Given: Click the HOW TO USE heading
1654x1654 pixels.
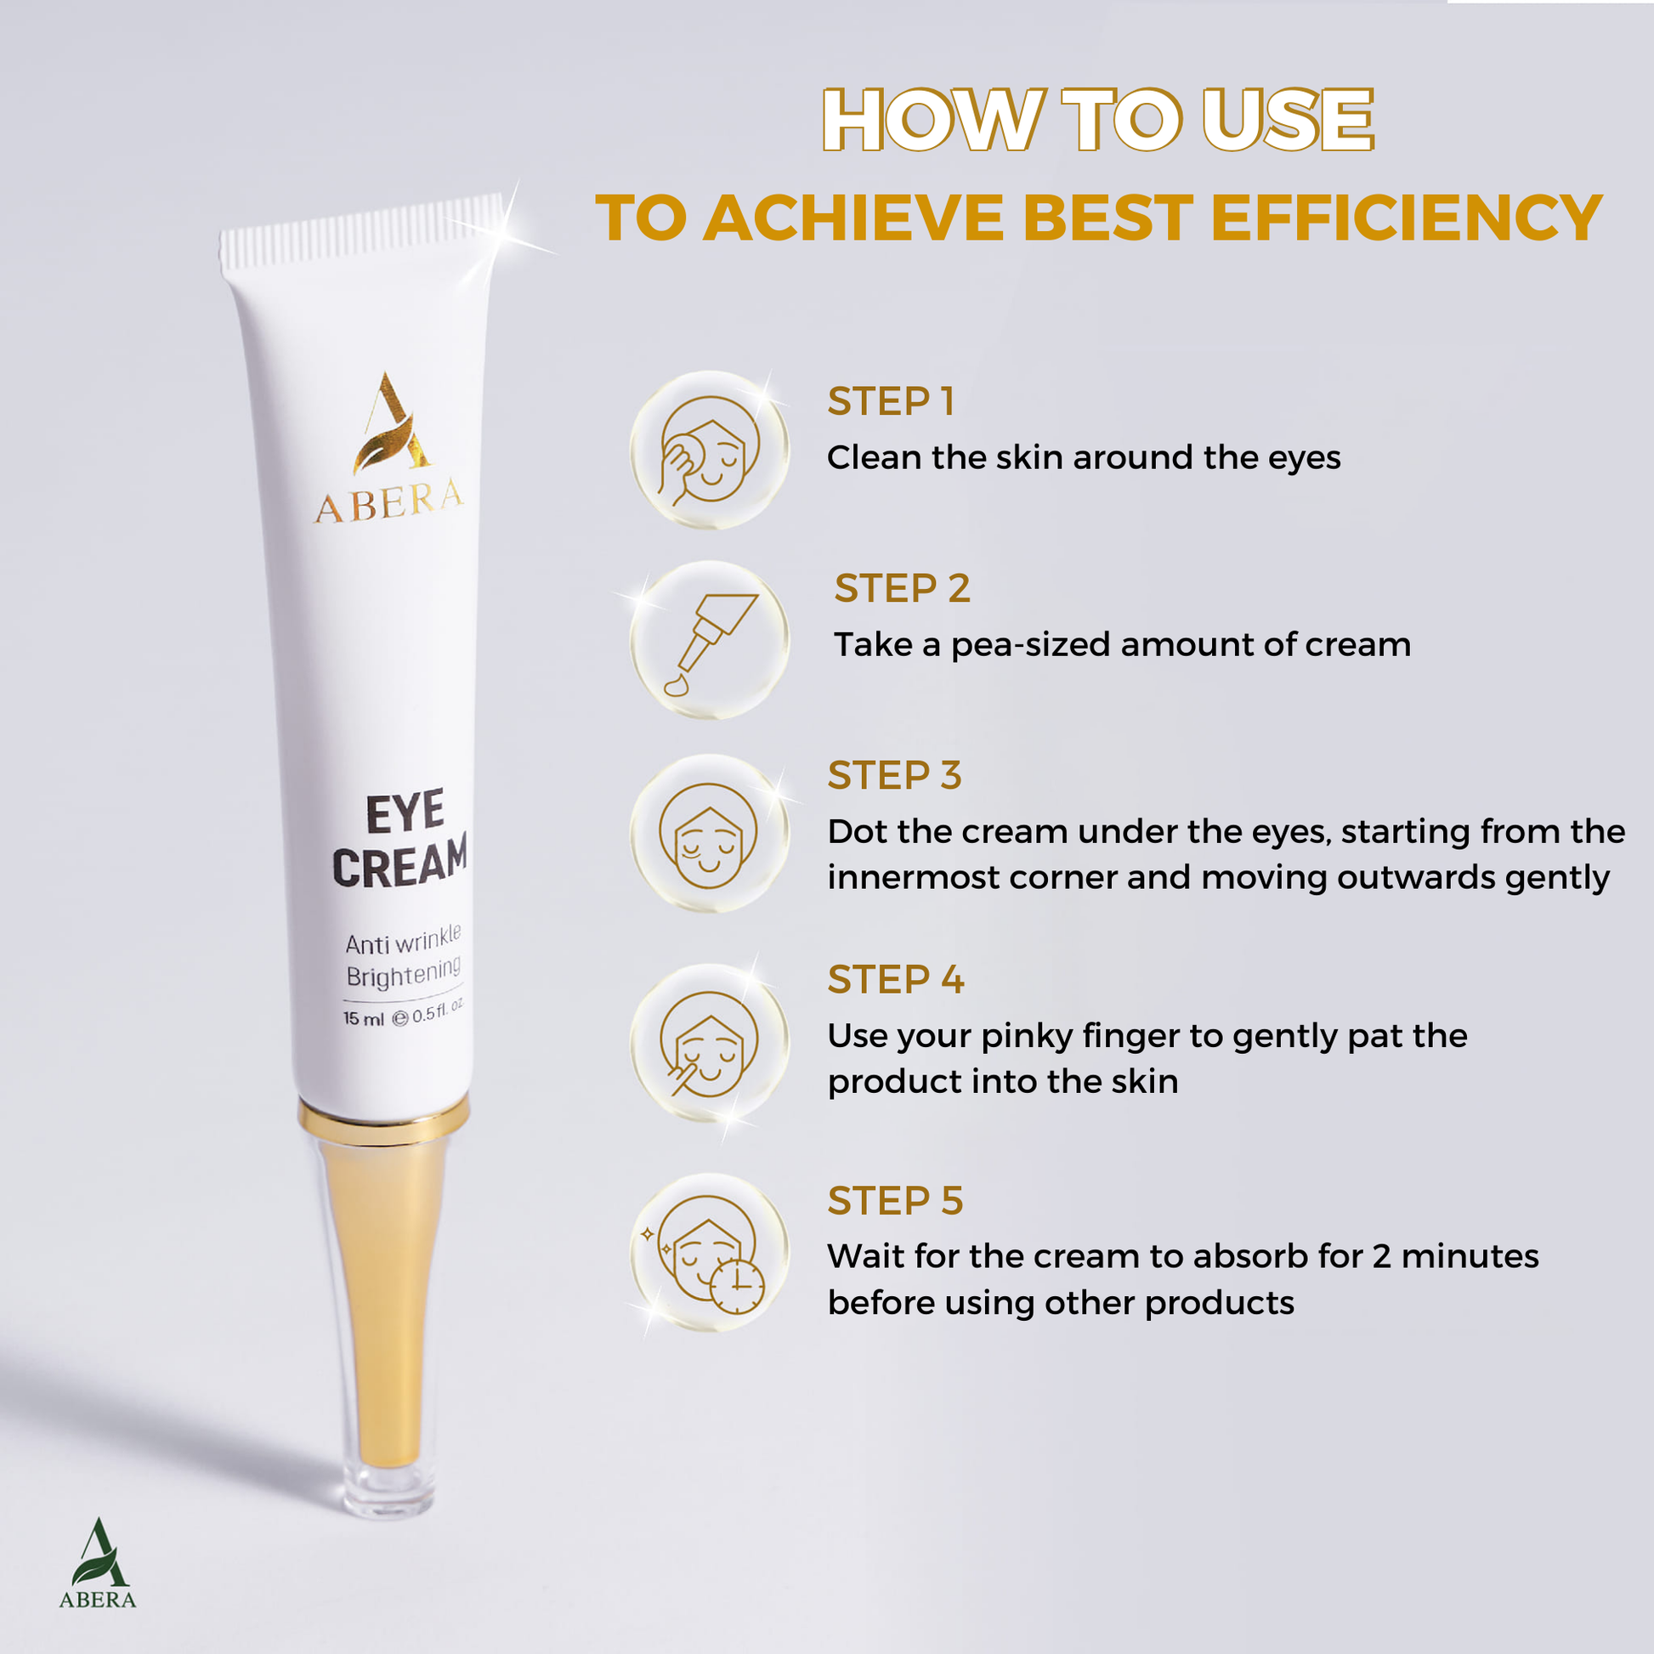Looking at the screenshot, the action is [x=1098, y=120].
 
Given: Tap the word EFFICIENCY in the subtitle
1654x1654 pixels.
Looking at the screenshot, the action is [x=1406, y=218].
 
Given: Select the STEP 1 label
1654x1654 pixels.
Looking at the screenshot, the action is [x=891, y=401].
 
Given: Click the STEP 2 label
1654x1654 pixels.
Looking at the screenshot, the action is [x=903, y=588].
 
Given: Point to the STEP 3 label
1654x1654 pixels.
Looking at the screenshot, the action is [x=895, y=775].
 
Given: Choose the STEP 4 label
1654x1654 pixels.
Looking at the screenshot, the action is [x=896, y=979].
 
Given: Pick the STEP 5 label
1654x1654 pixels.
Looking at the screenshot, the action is [x=896, y=1201].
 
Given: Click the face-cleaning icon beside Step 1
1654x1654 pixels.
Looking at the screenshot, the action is [x=709, y=450].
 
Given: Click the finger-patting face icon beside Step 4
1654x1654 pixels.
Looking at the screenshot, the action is [x=709, y=1043].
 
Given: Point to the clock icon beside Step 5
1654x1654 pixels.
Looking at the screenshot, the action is [x=737, y=1287].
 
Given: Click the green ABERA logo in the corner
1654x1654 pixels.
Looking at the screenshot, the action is [x=98, y=1564].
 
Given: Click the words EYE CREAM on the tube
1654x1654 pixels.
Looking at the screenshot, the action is [x=400, y=841].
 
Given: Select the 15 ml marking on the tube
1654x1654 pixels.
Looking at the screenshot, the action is [x=364, y=1019].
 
